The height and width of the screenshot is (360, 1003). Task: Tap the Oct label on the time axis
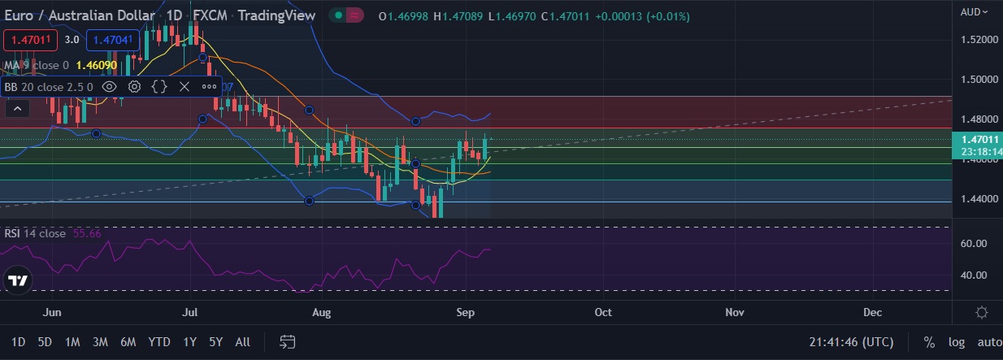click(603, 312)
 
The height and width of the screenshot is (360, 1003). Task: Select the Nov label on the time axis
click(735, 312)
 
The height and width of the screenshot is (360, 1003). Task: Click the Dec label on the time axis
click(872, 312)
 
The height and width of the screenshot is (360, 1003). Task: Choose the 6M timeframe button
click(128, 342)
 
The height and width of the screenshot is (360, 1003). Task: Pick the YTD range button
click(159, 342)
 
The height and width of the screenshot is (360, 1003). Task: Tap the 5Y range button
click(215, 342)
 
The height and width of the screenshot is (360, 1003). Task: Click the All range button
click(242, 342)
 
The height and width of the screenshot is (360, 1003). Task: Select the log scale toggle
click(956, 342)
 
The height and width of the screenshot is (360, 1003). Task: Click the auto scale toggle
click(988, 342)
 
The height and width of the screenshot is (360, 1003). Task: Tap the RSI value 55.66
click(87, 233)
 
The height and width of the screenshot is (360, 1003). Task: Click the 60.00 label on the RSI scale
click(974, 244)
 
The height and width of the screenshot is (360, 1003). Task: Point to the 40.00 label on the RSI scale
click(974, 275)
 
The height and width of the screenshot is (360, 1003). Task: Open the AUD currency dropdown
click(975, 11)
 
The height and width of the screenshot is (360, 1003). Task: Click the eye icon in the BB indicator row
click(110, 86)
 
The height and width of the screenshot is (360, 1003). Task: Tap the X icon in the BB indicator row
click(185, 86)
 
